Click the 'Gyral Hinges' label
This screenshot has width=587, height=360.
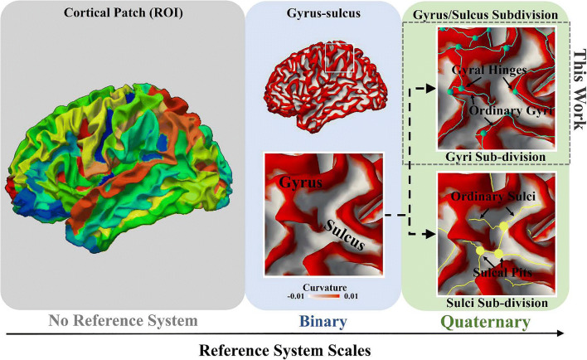pyautogui.click(x=490, y=73)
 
